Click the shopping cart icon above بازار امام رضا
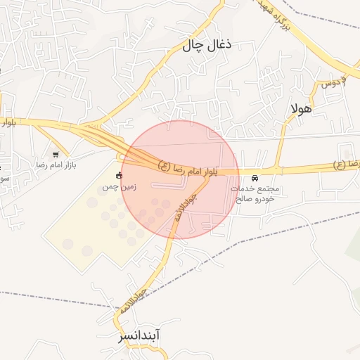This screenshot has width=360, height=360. tap(56, 153)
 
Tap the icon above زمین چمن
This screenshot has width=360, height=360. tap(119, 175)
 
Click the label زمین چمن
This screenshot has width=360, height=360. tap(119, 187)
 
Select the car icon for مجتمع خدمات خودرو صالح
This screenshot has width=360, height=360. tap(255, 179)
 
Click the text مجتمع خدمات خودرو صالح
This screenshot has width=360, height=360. tap(255, 194)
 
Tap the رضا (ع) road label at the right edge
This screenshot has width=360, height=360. tap(348, 164)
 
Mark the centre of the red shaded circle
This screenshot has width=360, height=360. tap(180, 179)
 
